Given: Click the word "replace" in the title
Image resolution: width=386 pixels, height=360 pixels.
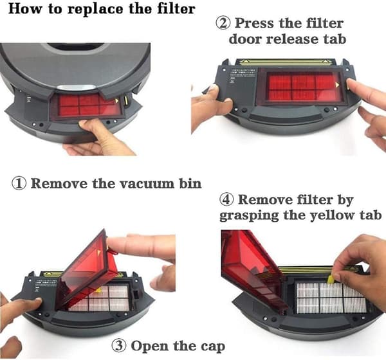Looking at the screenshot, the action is pos(95,10).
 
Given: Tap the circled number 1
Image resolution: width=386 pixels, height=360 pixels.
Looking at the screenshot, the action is pos(19,184).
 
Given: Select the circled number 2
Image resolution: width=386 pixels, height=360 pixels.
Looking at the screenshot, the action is pos(223,23).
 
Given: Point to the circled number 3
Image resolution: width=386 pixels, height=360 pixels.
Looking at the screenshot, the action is pos(119,345).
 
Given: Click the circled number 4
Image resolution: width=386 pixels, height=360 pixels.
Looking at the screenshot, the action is pos(226,199).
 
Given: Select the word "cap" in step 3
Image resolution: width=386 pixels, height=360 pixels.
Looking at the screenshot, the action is pos(213,347).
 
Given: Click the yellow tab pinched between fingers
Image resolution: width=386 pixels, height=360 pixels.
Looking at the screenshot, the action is pos(331,279).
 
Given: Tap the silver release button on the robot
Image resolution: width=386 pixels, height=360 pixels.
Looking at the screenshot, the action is pos(77,87).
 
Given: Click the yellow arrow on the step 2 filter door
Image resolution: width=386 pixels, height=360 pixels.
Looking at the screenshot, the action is pos(337,85).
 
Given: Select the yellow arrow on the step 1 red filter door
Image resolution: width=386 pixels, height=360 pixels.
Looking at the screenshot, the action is pos(116,101).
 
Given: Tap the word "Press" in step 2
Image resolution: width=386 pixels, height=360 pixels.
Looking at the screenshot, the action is pos(254,23).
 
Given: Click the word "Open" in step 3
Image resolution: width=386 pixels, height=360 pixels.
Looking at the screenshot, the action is pos(150,346).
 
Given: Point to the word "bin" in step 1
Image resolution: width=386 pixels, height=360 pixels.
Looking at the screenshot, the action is pos(190,184).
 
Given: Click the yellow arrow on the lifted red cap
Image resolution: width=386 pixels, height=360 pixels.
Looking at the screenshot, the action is pos(99,253).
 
